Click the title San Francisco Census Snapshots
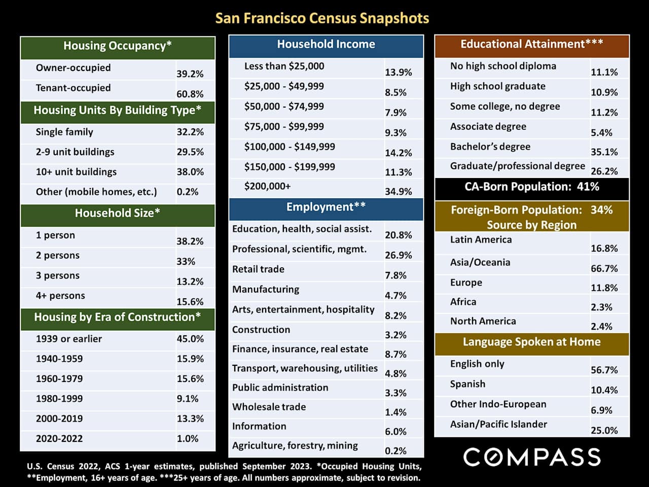tap(322, 18)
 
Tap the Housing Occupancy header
tap(118, 46)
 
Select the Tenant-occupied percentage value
tap(190, 94)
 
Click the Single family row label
tap(64, 132)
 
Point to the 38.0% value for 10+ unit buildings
tap(190, 172)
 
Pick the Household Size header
tap(118, 213)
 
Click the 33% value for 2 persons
tap(186, 261)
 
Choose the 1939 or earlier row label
tap(69, 339)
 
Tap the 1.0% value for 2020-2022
tap(188, 439)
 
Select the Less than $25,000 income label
tap(284, 66)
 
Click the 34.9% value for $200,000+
tap(398, 191)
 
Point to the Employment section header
tap(326, 207)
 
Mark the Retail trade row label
tap(258, 269)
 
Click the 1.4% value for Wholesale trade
tap(395, 412)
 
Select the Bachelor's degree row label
tap(490, 147)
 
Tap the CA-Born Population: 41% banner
tap(532, 187)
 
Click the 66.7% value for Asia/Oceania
tap(604, 268)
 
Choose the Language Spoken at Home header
tap(532, 342)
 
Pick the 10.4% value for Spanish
tap(604, 390)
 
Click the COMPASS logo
tap(532, 457)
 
